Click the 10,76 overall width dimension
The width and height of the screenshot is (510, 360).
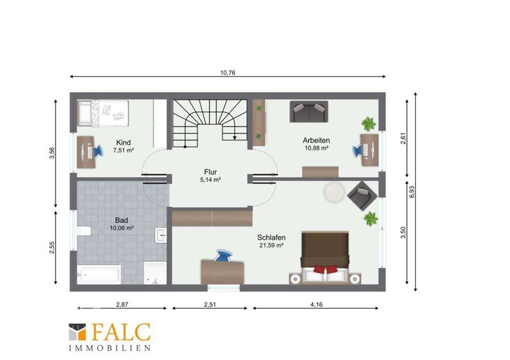[227, 73]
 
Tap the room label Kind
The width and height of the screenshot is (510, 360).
[123, 143]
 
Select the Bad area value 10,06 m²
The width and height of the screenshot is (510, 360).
[121, 228]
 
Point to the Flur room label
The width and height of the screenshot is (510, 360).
[211, 172]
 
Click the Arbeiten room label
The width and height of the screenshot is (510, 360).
[316, 141]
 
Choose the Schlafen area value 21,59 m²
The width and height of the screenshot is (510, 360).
[271, 245]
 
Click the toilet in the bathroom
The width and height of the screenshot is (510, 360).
[84, 231]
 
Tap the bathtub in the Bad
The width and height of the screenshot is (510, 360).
[99, 275]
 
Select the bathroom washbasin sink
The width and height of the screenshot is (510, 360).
[161, 235]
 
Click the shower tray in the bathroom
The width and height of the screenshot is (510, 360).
[155, 273]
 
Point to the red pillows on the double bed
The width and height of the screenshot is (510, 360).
[325, 269]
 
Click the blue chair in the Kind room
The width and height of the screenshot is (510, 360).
[98, 152]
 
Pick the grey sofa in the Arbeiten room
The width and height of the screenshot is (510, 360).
[309, 111]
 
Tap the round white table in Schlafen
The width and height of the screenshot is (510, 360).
[334, 192]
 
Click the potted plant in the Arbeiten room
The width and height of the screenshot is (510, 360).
[369, 124]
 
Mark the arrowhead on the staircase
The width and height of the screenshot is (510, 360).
[234, 138]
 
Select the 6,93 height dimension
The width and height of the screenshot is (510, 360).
[412, 192]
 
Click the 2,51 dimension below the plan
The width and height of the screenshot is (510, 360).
[210, 305]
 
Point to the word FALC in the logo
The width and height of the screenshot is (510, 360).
[121, 332]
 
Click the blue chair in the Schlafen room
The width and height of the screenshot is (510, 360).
[224, 255]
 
